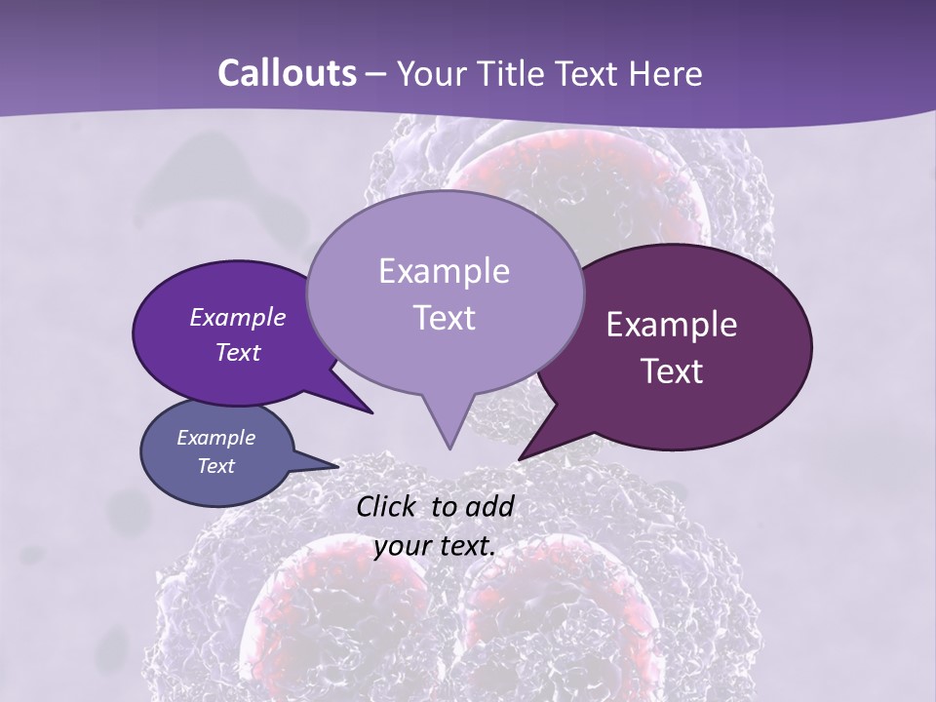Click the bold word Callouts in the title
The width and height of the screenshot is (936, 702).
(x=287, y=73)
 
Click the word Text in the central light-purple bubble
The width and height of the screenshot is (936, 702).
(x=444, y=317)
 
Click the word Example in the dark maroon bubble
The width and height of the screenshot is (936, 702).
(x=672, y=325)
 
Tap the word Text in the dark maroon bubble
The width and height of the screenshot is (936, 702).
(x=672, y=370)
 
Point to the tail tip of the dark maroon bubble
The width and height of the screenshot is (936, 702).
(x=520, y=458)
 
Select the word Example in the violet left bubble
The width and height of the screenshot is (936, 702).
(x=237, y=317)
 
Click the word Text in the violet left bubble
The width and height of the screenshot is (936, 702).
(x=237, y=352)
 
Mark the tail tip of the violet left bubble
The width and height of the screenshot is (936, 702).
(x=373, y=413)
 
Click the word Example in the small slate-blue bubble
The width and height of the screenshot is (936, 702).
(x=215, y=438)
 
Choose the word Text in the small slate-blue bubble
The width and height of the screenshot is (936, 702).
(x=215, y=465)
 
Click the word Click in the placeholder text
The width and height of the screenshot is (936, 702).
(x=387, y=506)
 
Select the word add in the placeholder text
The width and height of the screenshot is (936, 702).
(x=489, y=506)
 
